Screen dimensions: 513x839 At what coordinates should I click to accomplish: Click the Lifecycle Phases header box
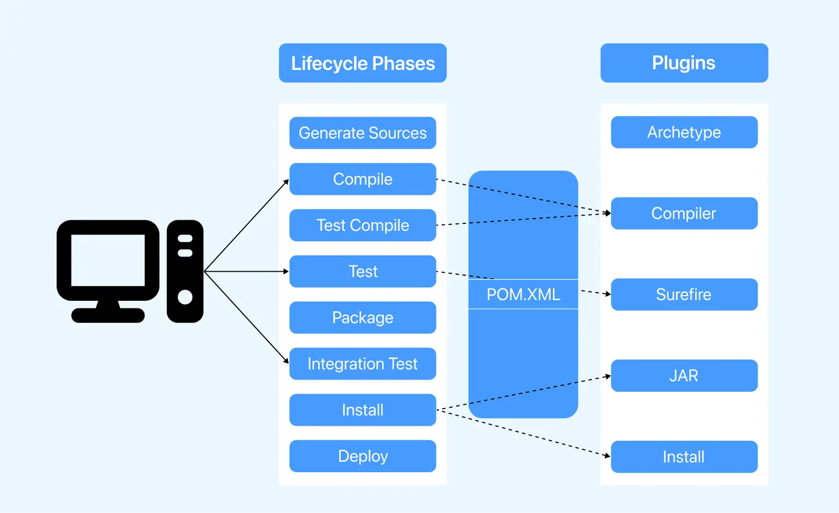tap(362, 63)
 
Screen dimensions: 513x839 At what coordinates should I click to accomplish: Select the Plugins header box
tap(684, 63)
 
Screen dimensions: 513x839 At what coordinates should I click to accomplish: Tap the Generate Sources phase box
tap(362, 133)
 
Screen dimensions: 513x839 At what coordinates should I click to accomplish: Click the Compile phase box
tap(362, 179)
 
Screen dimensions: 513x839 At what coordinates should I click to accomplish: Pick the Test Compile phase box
tap(362, 225)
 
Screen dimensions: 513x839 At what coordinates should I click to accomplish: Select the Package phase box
tap(362, 318)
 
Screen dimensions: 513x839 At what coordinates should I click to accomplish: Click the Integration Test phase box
tap(362, 364)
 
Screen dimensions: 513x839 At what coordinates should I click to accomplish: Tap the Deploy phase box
tap(362, 456)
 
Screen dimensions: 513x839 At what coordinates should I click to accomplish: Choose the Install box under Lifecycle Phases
tap(362, 410)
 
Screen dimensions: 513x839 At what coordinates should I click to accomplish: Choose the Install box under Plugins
tap(684, 456)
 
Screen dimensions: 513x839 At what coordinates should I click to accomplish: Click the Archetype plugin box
tap(684, 132)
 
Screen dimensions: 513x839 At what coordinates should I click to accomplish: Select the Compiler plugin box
tap(684, 213)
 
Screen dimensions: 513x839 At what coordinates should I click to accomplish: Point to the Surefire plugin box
tap(684, 294)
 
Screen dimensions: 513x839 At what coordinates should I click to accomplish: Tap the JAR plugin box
tap(684, 375)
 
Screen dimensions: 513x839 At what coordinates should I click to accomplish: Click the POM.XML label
tap(523, 294)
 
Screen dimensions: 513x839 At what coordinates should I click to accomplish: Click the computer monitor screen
tap(108, 260)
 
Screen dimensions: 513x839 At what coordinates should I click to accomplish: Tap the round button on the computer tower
tap(185, 297)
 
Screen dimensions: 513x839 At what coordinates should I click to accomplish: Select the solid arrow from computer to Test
tap(245, 271)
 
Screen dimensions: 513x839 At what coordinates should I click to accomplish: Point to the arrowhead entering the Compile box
tap(286, 182)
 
